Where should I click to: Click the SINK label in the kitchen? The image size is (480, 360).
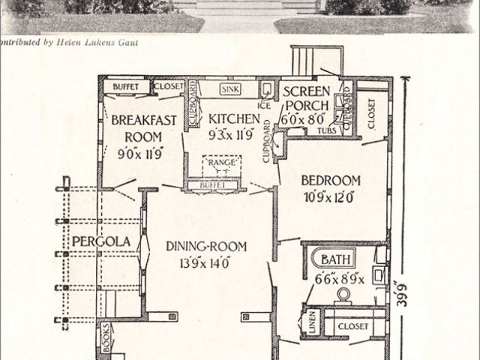(x=229, y=88)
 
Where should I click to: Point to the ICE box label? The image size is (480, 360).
(x=264, y=106)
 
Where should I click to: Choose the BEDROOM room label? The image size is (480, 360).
(x=331, y=181)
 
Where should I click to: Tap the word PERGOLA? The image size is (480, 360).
(x=101, y=241)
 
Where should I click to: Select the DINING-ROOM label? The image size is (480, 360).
(x=207, y=246)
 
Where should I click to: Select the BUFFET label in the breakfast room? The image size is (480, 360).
(x=125, y=87)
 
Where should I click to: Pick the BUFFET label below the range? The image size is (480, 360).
(x=214, y=184)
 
